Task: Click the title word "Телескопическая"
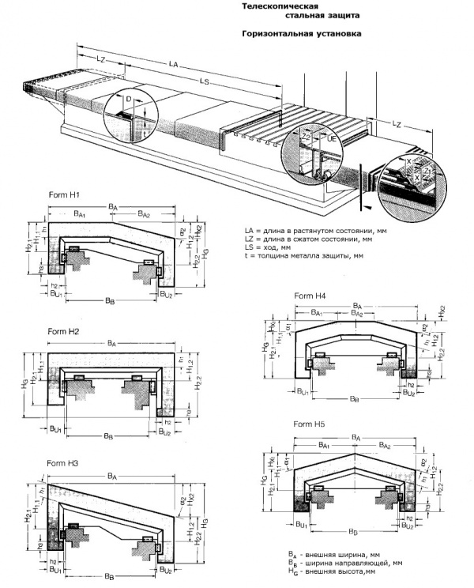point(276,6)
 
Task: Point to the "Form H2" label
point(63,331)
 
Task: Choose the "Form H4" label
point(310,296)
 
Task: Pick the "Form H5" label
point(310,424)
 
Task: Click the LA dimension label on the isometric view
point(174,63)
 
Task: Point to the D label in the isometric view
point(128,100)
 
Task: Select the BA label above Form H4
point(357,304)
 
